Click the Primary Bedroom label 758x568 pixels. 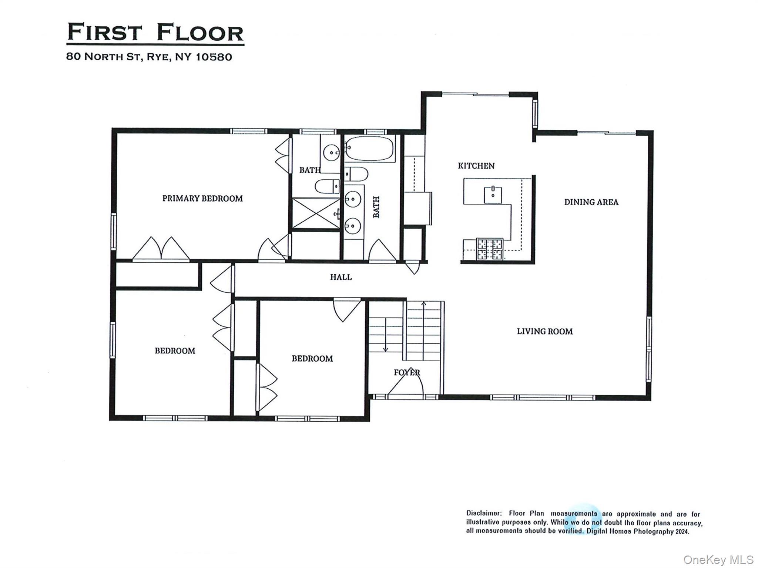click(x=202, y=199)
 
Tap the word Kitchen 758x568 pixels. click(x=476, y=166)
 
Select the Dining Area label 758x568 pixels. click(x=591, y=202)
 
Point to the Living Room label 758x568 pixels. click(x=544, y=332)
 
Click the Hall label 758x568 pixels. click(x=341, y=277)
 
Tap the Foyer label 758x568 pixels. click(x=407, y=373)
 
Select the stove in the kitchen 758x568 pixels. click(x=489, y=249)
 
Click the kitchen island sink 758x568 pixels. click(x=493, y=195)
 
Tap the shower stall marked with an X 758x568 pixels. click(x=316, y=214)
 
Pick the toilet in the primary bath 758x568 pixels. click(x=327, y=186)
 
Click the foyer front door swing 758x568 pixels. click(x=406, y=385)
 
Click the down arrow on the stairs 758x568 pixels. click(x=385, y=348)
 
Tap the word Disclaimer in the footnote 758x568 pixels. click(x=484, y=514)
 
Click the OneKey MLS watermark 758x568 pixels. click(x=718, y=559)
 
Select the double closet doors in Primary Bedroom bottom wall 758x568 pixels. click(x=161, y=249)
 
